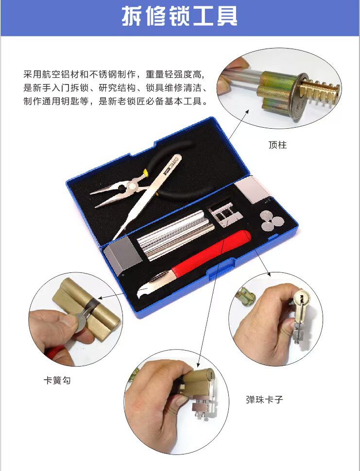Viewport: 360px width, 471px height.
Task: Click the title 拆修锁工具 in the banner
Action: point(180,17)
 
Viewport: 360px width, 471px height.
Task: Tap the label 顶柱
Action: point(277,145)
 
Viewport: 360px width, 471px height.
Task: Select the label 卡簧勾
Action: point(57,381)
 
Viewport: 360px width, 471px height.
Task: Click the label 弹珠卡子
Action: point(264,400)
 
